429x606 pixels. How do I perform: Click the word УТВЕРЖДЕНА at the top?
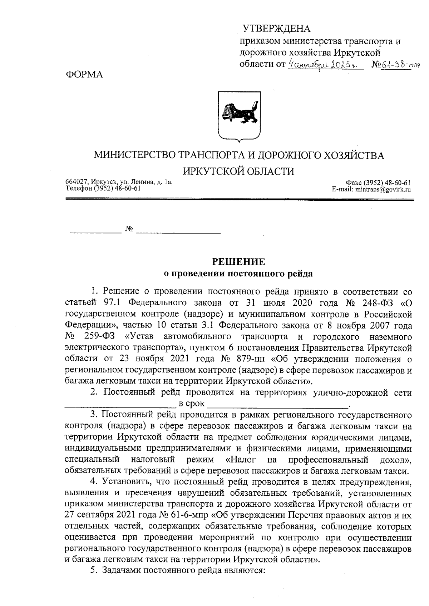pos(276,29)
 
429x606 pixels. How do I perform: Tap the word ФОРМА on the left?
pos(84,75)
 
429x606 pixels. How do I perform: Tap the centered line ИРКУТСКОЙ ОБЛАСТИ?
pos(239,171)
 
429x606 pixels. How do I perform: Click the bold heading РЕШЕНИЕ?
pos(239,262)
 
